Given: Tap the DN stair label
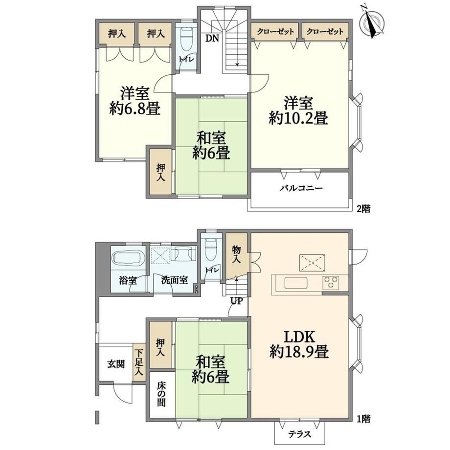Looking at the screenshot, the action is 212,38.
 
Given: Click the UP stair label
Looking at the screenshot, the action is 236,301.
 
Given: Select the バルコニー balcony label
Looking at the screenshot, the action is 301,188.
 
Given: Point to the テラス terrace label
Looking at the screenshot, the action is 300,434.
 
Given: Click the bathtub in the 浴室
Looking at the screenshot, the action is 128,258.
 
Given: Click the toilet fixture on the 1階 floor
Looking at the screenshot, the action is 211,249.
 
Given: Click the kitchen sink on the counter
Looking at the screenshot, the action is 296,283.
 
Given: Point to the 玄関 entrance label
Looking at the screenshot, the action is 116,364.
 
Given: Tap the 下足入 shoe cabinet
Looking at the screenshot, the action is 139,362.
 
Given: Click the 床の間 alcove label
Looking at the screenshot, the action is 161,394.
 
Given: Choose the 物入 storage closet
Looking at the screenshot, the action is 236,256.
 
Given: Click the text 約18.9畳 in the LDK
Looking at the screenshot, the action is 299,351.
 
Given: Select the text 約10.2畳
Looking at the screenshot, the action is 298,118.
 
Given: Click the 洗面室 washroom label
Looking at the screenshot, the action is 174,280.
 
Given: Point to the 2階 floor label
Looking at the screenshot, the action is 363,209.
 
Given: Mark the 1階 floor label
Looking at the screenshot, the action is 363,419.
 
